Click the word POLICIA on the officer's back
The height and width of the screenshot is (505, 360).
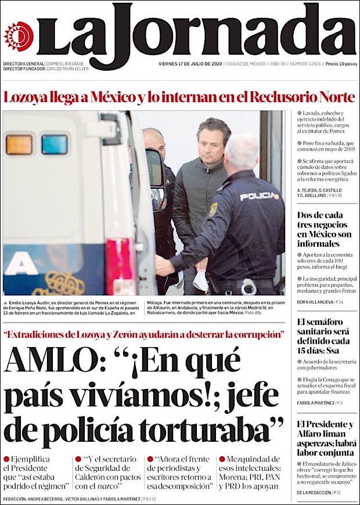pyautogui.click(x=259, y=196)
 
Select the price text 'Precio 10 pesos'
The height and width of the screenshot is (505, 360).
pyautogui.click(x=340, y=64)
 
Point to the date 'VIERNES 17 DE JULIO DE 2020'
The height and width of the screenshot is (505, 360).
pyautogui.click(x=190, y=64)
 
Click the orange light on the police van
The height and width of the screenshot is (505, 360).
pyautogui.click(x=19, y=144)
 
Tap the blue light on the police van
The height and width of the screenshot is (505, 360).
pyautogui.click(x=54, y=144)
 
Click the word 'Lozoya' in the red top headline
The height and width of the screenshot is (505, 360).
pyautogui.click(x=24, y=97)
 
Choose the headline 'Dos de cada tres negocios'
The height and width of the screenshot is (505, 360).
pyautogui.click(x=324, y=229)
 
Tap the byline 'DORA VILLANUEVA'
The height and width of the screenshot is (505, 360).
pyautogui.click(x=315, y=302)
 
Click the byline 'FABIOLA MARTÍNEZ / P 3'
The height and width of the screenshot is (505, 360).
pyautogui.click(x=320, y=402)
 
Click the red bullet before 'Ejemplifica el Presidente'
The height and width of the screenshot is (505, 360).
pyautogui.click(x=6, y=459)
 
